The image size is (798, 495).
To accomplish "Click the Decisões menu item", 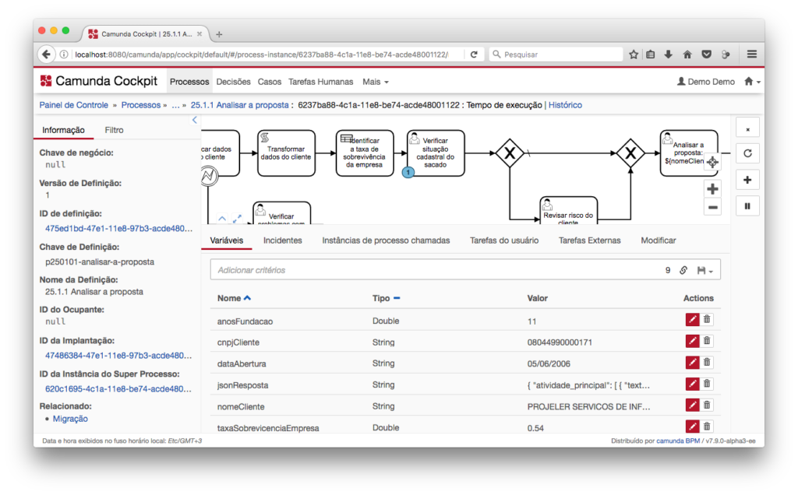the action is pyautogui.click(x=233, y=82).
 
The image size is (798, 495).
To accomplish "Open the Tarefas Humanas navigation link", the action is pyautogui.click(x=320, y=82).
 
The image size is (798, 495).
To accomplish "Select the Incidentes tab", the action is pyautogui.click(x=282, y=240).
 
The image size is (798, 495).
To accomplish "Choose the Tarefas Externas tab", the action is pyautogui.click(x=589, y=240).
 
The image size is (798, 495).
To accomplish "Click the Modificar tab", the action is pyautogui.click(x=658, y=240).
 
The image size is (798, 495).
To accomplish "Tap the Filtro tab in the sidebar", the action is pyautogui.click(x=114, y=130).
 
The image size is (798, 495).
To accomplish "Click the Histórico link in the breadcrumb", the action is pyautogui.click(x=565, y=105).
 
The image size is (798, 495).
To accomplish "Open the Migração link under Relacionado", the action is pyautogui.click(x=70, y=419).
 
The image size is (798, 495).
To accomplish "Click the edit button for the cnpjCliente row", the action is pyautogui.click(x=692, y=341).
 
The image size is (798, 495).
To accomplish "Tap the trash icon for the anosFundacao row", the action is pyautogui.click(x=707, y=319).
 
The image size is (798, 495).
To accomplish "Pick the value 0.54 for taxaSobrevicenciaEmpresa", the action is pyautogui.click(x=535, y=428).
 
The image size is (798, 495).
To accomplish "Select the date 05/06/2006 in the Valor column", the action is pyautogui.click(x=549, y=364).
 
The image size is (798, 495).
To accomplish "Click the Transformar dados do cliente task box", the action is pyautogui.click(x=286, y=153).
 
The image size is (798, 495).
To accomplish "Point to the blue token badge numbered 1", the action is pyautogui.click(x=408, y=173).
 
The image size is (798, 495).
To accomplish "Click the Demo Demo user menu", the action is pyautogui.click(x=705, y=82).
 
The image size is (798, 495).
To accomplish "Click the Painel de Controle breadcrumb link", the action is pyautogui.click(x=74, y=105).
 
